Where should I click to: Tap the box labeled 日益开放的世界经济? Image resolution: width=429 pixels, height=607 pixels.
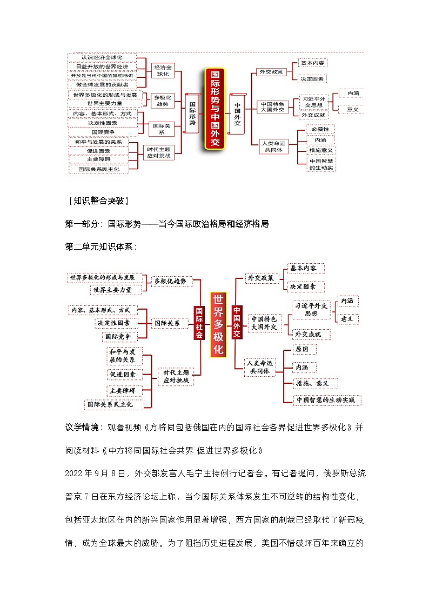102,66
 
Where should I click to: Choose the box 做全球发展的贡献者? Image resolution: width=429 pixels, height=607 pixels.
102,85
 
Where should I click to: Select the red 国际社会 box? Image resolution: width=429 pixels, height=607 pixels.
199,323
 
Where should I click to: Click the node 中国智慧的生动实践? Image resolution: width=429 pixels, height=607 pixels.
326,401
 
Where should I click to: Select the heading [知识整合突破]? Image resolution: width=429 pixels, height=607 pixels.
98,201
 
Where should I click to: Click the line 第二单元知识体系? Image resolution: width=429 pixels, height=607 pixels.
100,246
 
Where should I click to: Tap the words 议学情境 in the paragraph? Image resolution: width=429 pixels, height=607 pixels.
82,427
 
